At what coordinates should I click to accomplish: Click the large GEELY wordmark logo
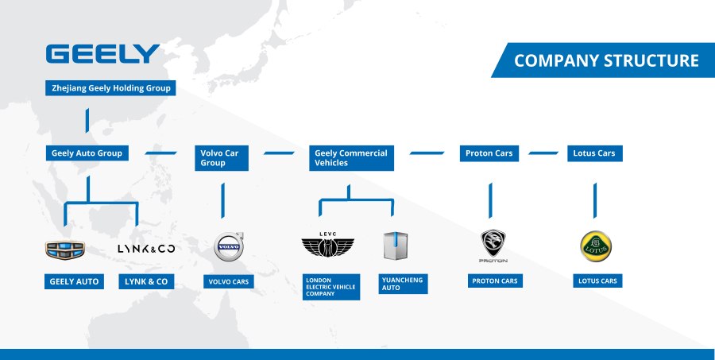point(102,54)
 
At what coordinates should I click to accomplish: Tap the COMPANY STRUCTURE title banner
point(606,60)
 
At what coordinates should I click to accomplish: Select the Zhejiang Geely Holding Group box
point(110,88)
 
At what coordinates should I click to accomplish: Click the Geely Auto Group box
point(87,153)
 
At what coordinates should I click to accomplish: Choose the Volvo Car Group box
point(222,157)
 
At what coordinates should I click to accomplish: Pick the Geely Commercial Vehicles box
point(351,157)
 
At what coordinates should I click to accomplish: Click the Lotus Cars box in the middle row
point(594,153)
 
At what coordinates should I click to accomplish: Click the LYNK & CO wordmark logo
point(146,250)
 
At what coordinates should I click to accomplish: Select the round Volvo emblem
point(228,246)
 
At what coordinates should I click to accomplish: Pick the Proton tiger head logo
point(493,245)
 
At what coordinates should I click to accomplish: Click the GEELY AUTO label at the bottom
point(74,281)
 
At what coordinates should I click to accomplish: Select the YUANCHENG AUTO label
point(403,284)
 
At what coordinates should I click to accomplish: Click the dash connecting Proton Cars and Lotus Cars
point(543,153)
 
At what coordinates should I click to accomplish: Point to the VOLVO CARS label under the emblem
point(230,281)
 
